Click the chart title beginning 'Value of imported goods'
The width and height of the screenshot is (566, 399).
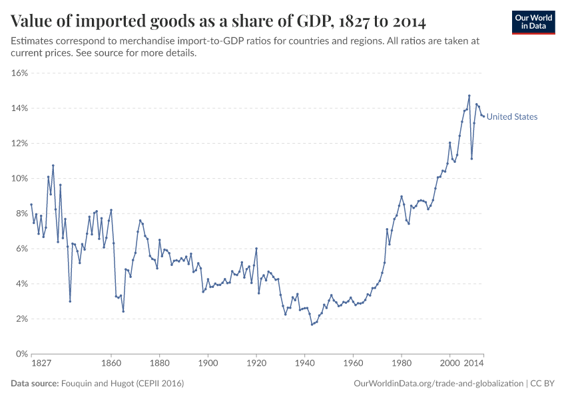coord(219,21)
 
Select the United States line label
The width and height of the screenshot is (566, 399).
coord(511,117)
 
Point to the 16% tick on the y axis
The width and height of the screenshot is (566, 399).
coord(19,73)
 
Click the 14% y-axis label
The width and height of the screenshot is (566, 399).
coord(19,108)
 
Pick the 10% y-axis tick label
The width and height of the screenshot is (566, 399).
coord(19,179)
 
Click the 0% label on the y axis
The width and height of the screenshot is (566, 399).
coord(21,354)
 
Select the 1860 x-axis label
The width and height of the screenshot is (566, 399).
coord(111,364)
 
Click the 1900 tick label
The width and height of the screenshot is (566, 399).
coord(208,364)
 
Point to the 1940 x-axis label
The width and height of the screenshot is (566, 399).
coord(304,364)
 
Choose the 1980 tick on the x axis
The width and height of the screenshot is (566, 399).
coord(401,364)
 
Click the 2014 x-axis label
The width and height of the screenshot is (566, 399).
coord(474,364)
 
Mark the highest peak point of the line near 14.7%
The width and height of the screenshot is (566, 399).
coord(469,96)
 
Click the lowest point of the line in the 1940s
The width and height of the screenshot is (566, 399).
coord(312,325)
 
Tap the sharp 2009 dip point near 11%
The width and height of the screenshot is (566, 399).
coord(471,158)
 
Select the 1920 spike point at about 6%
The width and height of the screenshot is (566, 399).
coord(256,249)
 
